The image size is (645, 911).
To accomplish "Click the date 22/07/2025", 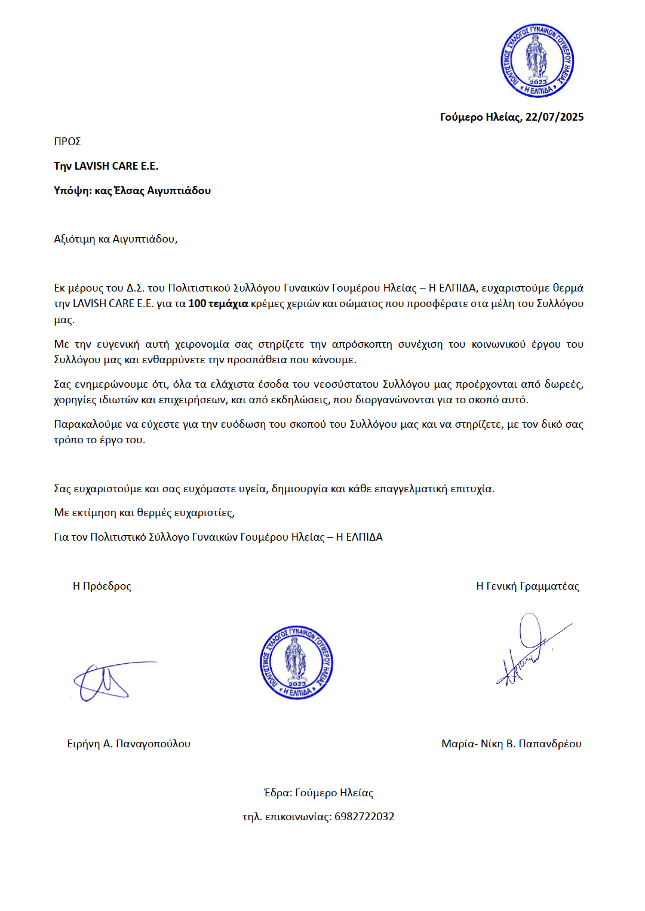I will tap(554, 117).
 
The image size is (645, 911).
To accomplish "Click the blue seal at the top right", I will tap(537, 61).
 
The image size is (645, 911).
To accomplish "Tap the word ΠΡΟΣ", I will tap(67, 142).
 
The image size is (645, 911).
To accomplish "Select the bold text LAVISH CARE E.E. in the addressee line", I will tap(116, 166).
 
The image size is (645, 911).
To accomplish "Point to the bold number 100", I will tap(197, 303).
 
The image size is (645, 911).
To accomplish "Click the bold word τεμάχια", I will tap(228, 303).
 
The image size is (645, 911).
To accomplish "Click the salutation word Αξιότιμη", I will tap(75, 239).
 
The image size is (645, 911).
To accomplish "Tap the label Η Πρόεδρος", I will tap(102, 586).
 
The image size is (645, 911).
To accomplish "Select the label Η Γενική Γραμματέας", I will tap(527, 586).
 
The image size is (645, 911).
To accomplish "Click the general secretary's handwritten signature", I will tap(532, 651).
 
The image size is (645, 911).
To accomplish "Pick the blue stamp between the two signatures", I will tap(296, 662).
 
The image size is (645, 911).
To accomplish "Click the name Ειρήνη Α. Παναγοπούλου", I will tap(128, 744).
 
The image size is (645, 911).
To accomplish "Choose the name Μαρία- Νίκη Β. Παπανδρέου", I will tap(511, 744).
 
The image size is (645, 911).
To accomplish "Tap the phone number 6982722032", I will tap(364, 817).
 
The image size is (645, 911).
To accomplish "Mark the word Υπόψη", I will tap(72, 191).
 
